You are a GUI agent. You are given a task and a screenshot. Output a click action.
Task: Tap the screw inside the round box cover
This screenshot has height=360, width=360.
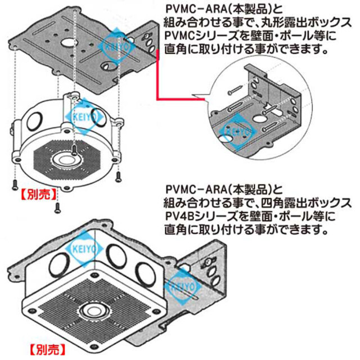[x=74, y=148]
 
